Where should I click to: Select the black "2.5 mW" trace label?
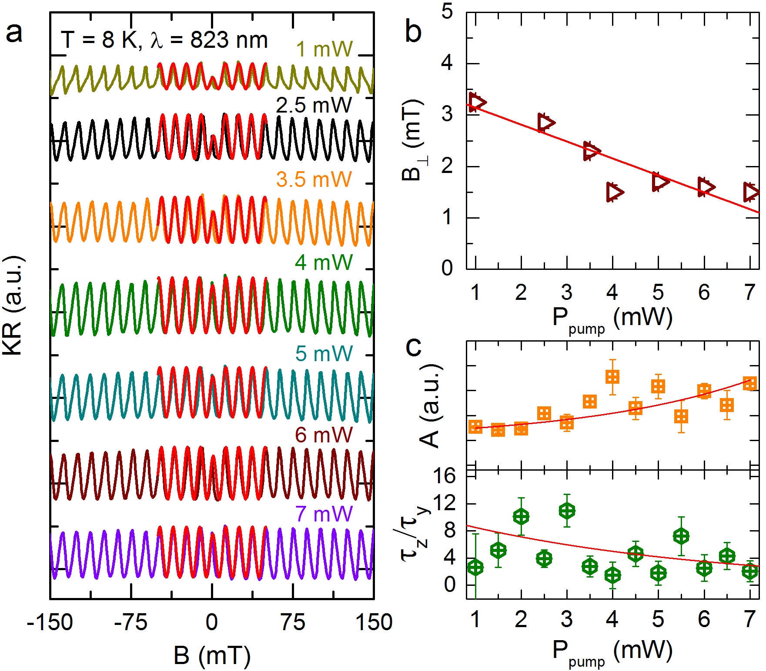tap(314, 106)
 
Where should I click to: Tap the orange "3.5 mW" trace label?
tap(314, 179)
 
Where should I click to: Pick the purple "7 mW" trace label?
tap(324, 514)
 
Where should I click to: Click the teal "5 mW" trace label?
tap(324, 353)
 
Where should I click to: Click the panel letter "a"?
tap(14, 32)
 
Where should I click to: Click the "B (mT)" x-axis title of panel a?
tap(212, 655)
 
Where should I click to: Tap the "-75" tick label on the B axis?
tap(130, 622)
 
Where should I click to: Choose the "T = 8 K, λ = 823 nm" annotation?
tap(164, 40)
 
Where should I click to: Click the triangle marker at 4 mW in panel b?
tap(615, 192)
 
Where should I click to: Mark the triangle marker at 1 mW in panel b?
tap(477, 102)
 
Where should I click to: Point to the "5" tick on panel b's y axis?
tap(447, 12)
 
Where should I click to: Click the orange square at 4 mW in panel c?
tap(612, 377)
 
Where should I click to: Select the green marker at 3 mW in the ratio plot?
tap(567, 511)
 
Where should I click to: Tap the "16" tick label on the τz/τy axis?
tap(444, 477)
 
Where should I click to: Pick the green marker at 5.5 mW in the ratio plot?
tap(681, 536)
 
